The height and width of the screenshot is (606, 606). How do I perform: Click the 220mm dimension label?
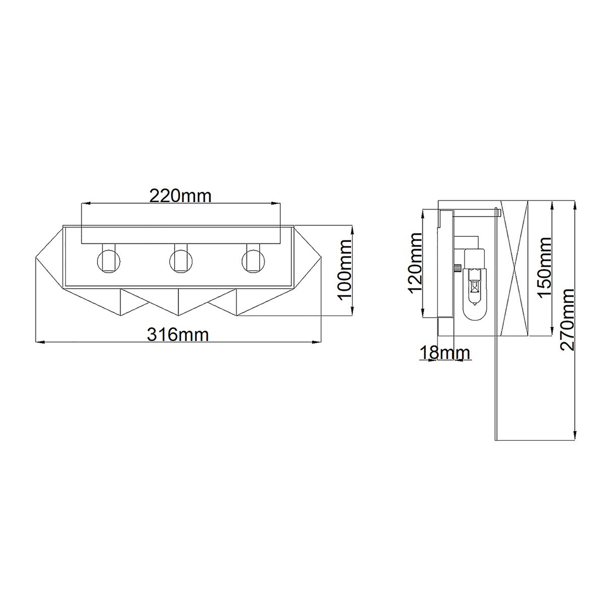[x=180, y=195]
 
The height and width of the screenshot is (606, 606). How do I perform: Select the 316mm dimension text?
[x=177, y=334]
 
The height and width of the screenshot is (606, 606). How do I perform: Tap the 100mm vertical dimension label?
[x=345, y=270]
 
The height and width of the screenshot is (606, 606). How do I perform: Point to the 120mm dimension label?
[x=416, y=263]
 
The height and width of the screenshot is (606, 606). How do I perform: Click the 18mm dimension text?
[x=444, y=352]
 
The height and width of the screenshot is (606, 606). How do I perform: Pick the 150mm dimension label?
[x=545, y=268]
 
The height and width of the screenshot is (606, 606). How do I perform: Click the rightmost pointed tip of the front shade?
[x=322, y=259]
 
